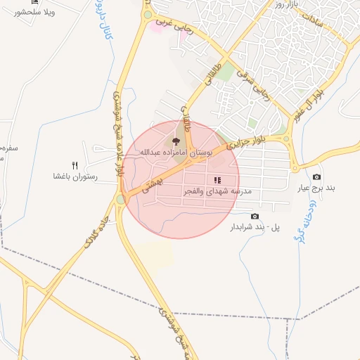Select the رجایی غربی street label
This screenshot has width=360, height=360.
point(169,25)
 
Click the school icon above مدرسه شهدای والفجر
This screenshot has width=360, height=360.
point(218,181)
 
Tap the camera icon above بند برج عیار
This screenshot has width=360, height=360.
point(316,177)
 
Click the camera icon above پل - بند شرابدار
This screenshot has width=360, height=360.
point(255,216)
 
